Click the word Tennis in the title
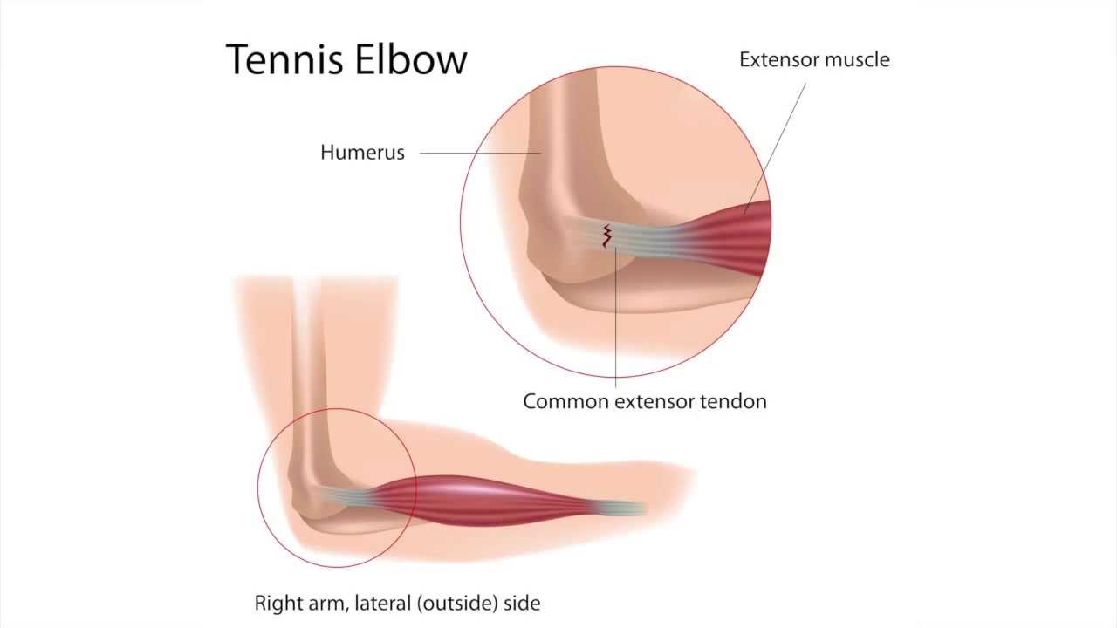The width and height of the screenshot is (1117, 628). tap(281, 59)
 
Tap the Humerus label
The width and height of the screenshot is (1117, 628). tap(362, 153)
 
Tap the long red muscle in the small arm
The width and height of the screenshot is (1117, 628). tap(489, 499)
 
